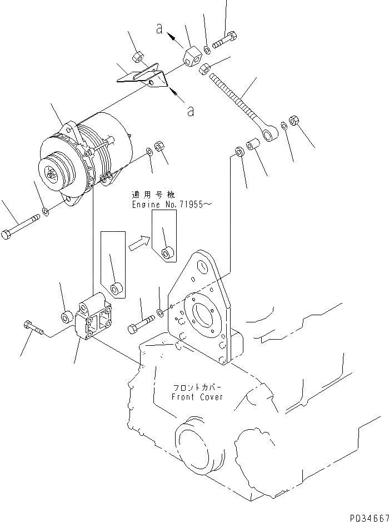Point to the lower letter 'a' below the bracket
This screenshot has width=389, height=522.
click(191, 112)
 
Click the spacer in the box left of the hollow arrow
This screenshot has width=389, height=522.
click(116, 289)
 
